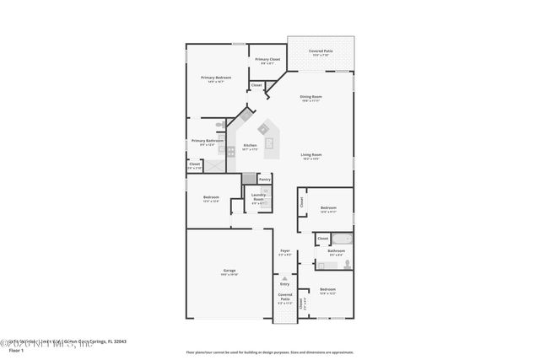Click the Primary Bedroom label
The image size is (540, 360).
click(216, 78)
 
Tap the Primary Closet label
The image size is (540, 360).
click(267, 60)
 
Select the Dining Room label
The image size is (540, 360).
click(312, 97)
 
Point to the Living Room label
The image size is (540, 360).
click(312, 155)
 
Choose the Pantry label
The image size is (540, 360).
click(264, 179)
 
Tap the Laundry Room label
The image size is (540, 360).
click(259, 199)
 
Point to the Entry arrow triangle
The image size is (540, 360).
click(284, 278)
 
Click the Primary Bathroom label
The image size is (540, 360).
click(208, 142)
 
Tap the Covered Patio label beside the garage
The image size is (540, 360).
click(285, 298)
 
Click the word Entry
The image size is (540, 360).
click(284, 285)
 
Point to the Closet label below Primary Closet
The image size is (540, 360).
click(256, 85)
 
